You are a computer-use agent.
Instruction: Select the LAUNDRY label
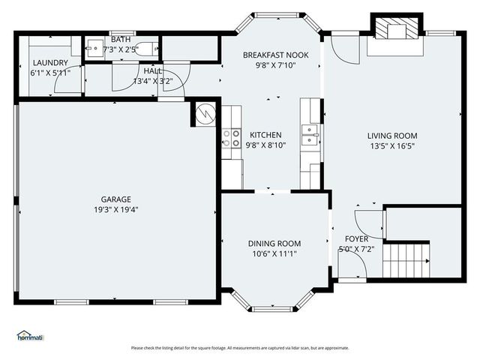pyautogui.click(x=50, y=63)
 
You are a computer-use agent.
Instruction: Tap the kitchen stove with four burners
pyautogui.click(x=231, y=138)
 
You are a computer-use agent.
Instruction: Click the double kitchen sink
pyautogui.click(x=310, y=136)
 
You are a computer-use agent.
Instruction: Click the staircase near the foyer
pyautogui.click(x=406, y=260)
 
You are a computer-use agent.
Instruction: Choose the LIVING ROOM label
pyautogui.click(x=391, y=136)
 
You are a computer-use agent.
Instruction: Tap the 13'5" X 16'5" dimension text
pyautogui.click(x=391, y=146)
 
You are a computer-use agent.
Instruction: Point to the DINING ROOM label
pyautogui.click(x=274, y=244)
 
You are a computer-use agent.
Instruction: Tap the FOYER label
pyautogui.click(x=356, y=238)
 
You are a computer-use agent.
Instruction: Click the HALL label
pyautogui.click(x=152, y=70)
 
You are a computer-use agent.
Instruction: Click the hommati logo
pyautogui.click(x=30, y=335)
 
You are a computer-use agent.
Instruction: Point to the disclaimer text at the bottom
pyautogui.click(x=240, y=347)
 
